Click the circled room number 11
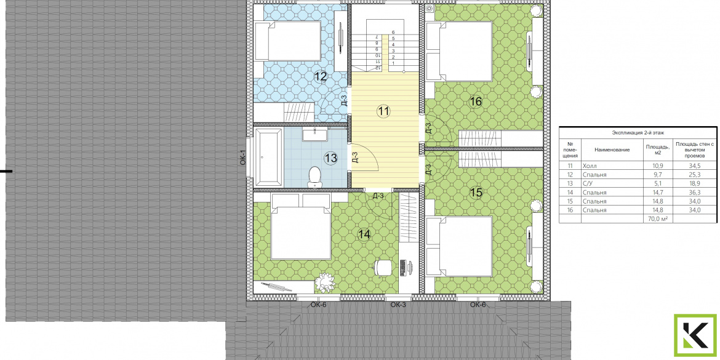(x=383, y=111)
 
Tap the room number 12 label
(x=320, y=77)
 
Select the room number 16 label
(x=476, y=102)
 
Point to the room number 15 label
(x=476, y=193)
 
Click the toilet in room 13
(x=314, y=177)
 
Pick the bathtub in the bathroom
(x=268, y=157)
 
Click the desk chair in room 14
(x=383, y=268)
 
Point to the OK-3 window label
(x=398, y=305)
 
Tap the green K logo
(x=695, y=335)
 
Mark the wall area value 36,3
(x=695, y=193)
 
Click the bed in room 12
(x=287, y=42)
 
